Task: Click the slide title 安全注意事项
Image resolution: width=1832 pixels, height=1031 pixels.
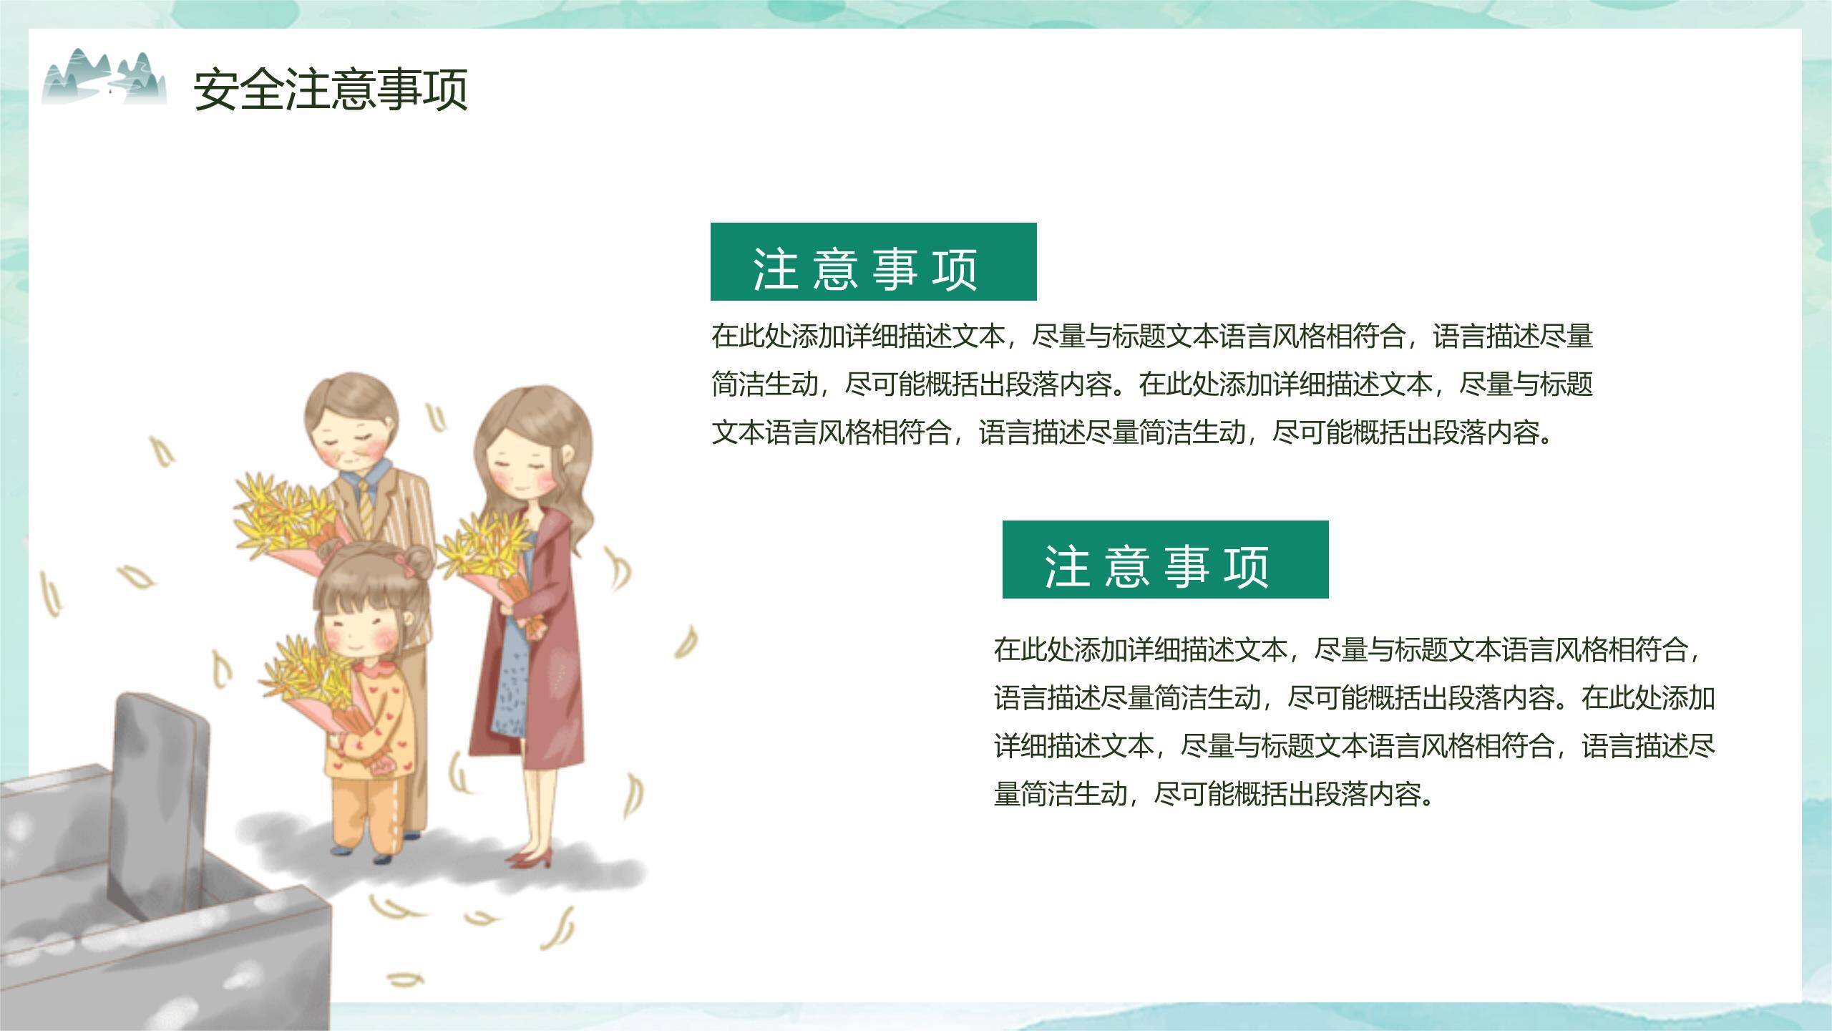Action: click(331, 89)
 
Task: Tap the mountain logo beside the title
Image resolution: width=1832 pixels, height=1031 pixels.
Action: click(104, 77)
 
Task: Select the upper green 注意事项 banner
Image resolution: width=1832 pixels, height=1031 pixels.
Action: click(873, 261)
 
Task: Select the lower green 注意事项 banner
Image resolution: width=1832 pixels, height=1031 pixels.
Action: click(1165, 559)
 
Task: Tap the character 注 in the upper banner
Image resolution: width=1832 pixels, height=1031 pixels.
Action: click(775, 270)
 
